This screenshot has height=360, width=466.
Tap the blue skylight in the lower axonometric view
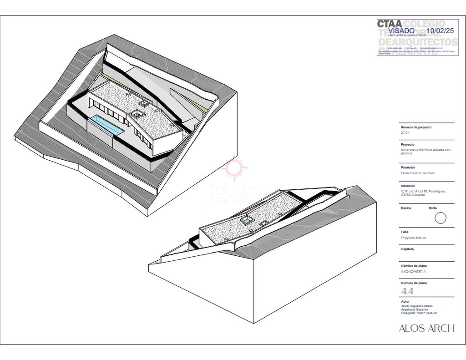point(247,221)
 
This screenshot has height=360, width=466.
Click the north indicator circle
point(440,218)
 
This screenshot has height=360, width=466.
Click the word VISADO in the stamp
point(401,30)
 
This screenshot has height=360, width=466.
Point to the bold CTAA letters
point(389,23)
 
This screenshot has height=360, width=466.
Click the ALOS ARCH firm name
point(426,328)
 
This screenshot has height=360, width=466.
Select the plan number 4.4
point(407,291)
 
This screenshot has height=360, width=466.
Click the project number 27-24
point(405,133)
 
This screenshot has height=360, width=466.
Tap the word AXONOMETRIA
point(413,271)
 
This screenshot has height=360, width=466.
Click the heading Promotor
point(408,167)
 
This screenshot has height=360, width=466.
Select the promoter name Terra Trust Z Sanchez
point(418,173)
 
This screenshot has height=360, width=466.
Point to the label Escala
point(406,208)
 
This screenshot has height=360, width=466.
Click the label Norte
point(433,208)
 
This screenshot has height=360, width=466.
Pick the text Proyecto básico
point(414,238)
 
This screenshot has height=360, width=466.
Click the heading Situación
point(408,186)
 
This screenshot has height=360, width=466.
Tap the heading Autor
point(405,301)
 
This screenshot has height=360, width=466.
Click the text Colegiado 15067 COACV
point(419,313)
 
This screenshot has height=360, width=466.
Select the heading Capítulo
point(407,249)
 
